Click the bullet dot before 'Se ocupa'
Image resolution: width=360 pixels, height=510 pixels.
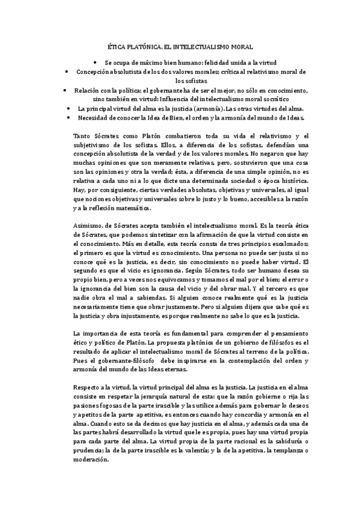click(x=95, y=62)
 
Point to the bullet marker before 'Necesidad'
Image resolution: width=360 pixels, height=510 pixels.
click(x=72, y=118)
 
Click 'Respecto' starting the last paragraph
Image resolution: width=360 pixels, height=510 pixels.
click(x=86, y=388)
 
